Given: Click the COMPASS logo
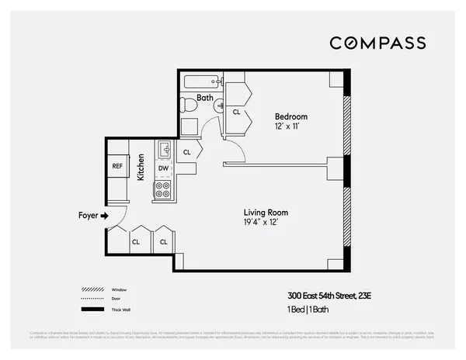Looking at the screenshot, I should click(x=377, y=43).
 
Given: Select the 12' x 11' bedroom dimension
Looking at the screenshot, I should click(x=288, y=126).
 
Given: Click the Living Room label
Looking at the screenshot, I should click(x=266, y=213).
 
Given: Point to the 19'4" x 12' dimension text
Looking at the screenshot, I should click(x=266, y=223).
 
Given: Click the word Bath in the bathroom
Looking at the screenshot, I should click(x=205, y=98).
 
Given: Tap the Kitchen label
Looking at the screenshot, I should click(x=141, y=167).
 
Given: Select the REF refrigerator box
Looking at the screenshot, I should click(x=117, y=166).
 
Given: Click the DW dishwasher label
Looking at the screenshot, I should click(x=163, y=168).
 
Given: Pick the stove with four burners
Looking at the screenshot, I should click(x=163, y=189).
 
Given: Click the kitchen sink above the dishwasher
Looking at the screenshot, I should click(x=164, y=149).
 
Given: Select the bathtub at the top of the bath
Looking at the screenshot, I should click(x=201, y=82).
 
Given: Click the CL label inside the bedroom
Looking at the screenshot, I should click(x=237, y=112).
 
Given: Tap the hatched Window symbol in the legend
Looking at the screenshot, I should click(x=92, y=289).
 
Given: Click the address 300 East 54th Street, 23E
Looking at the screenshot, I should click(x=329, y=296).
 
